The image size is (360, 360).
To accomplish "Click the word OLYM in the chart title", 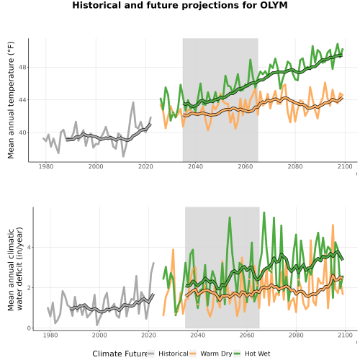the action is click(x=274, y=5).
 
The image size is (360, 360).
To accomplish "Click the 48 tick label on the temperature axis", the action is click(x=22, y=67).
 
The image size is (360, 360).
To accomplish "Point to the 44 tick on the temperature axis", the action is click(x=22, y=100).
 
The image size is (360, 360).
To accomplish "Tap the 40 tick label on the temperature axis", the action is click(x=22, y=132).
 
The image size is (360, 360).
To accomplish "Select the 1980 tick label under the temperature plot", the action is click(x=46, y=166).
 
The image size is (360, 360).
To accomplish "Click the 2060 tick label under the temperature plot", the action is click(x=246, y=166).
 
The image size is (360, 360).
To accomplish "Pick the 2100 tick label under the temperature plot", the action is click(x=345, y=166).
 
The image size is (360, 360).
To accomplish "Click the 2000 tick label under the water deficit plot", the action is click(x=99, y=335).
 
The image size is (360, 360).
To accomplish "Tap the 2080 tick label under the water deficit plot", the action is click(x=296, y=335).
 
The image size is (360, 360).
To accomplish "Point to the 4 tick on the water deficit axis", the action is click(x=29, y=247).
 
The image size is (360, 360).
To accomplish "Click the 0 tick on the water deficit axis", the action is click(x=29, y=328).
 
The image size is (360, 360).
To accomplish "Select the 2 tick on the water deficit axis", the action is click(x=29, y=287).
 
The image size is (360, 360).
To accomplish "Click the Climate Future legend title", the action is click(x=120, y=354).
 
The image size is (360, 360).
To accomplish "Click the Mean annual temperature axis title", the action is click(x=11, y=100).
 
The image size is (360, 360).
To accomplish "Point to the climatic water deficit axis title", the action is click(x=15, y=269).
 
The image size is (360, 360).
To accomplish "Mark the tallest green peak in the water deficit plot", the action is click(x=264, y=212).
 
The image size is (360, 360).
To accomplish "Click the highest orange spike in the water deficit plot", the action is click(x=333, y=225).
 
